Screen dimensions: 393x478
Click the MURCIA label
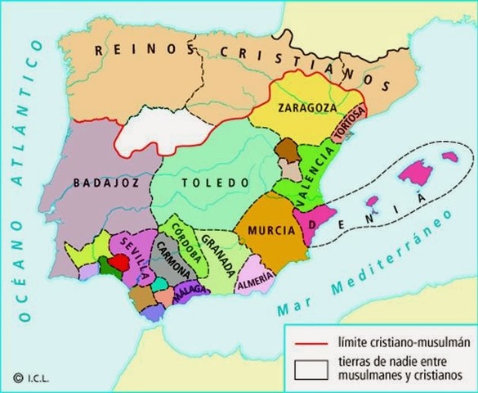269,230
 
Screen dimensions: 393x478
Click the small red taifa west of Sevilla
119,261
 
